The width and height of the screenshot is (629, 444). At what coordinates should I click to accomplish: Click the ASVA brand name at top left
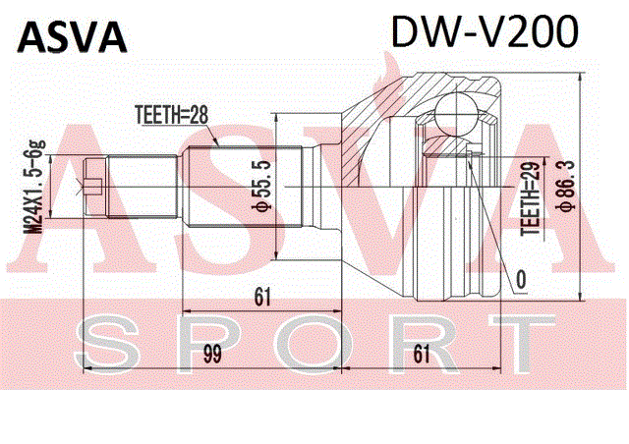click(x=72, y=37)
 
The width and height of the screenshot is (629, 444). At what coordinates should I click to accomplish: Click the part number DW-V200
click(x=485, y=31)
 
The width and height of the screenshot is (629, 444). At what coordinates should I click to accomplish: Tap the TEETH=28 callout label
click(x=172, y=116)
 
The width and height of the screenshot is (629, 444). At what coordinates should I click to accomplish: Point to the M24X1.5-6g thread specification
click(x=35, y=187)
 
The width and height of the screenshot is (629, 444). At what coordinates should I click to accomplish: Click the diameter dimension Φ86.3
click(x=566, y=184)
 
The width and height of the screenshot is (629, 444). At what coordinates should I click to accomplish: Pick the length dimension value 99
click(x=212, y=354)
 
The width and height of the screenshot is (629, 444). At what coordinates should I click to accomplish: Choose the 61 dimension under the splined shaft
click(x=262, y=298)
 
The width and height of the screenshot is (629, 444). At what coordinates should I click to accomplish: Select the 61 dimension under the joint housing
click(x=422, y=354)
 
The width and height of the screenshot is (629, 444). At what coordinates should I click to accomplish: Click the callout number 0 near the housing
click(x=521, y=280)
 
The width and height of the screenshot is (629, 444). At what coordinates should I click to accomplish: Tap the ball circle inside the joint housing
click(x=457, y=115)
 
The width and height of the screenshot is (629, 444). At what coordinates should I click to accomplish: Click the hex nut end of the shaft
click(x=95, y=188)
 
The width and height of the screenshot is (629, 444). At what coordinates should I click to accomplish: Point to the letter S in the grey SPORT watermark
click(x=107, y=344)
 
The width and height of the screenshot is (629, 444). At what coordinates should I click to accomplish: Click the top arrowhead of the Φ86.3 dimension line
click(x=580, y=77)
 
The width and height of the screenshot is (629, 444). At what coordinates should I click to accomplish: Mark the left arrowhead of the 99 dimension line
click(x=87, y=367)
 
